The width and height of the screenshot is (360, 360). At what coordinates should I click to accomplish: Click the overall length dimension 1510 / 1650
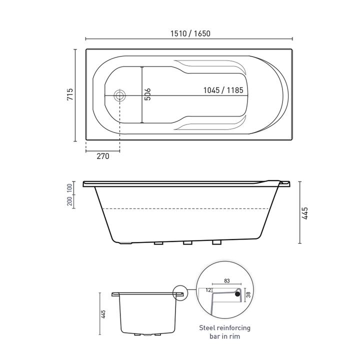point(189,33)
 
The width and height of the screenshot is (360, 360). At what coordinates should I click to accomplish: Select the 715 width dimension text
point(70,95)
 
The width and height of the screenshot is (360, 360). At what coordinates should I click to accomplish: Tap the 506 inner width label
point(147,95)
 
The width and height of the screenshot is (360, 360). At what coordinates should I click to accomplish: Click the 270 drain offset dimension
point(102,156)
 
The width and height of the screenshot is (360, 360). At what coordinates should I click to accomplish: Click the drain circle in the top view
point(120,95)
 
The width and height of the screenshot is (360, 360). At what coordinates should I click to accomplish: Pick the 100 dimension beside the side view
point(69,188)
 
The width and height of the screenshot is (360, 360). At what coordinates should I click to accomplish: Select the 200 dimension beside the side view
point(69,201)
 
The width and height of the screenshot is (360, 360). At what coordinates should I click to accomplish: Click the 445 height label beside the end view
point(103,314)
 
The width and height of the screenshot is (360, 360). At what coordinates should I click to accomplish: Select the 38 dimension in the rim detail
point(248,295)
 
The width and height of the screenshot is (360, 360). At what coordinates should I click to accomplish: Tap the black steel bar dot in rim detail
point(238,294)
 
